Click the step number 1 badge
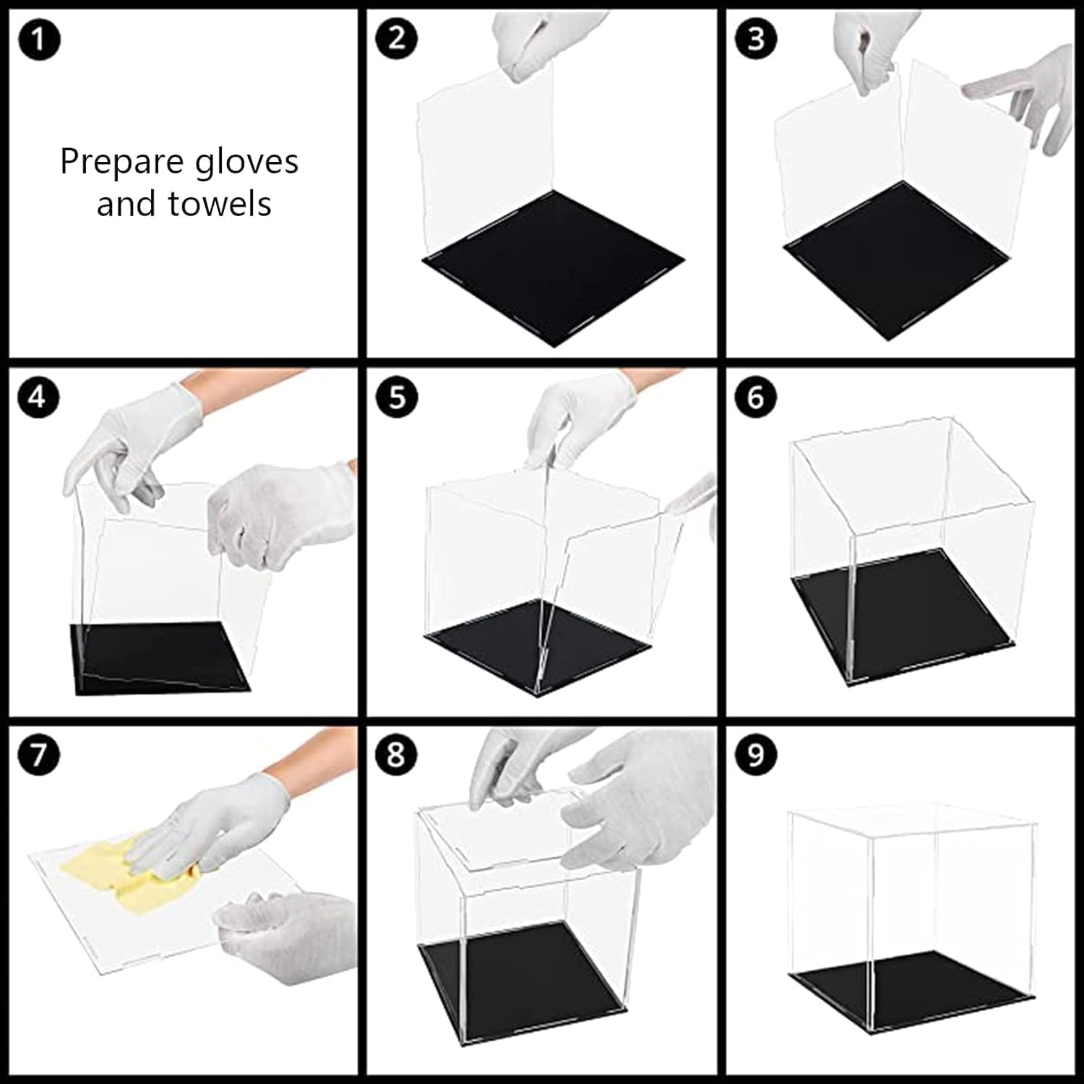tap(38, 39)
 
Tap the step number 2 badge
tap(397, 38)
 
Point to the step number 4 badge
tap(38, 397)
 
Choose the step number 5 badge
tap(397, 397)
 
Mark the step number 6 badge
tap(755, 397)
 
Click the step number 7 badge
tap(38, 755)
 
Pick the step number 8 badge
tap(397, 755)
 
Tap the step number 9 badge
tap(755, 755)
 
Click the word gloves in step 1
tap(247, 163)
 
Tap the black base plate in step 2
tap(554, 267)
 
